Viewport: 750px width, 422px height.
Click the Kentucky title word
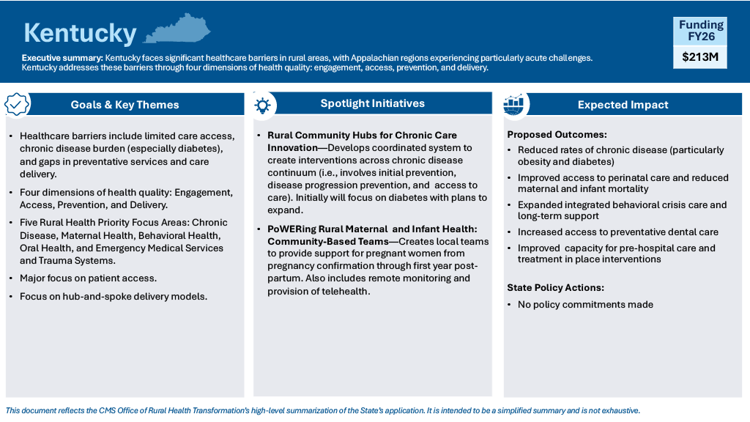[80, 33]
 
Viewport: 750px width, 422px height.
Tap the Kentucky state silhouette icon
[177, 29]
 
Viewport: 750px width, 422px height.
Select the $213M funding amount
[700, 57]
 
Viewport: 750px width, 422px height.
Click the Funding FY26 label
[701, 31]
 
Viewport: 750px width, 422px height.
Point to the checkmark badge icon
[17, 104]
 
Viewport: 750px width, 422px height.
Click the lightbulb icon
[263, 105]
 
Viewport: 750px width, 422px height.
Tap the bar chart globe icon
[513, 104]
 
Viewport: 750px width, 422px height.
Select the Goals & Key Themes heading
[125, 105]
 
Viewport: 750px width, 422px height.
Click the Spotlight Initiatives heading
[373, 103]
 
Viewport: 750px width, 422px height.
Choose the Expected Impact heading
[623, 105]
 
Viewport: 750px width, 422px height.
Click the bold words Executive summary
[62, 58]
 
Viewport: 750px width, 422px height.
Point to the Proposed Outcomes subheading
[557, 135]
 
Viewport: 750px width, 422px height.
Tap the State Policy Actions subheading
[555, 287]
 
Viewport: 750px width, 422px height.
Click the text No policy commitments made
[585, 305]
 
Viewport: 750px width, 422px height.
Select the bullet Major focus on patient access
[88, 278]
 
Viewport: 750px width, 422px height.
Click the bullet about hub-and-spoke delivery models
[114, 297]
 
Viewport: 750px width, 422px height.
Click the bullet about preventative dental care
[618, 232]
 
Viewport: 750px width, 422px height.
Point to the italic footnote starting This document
[323, 410]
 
